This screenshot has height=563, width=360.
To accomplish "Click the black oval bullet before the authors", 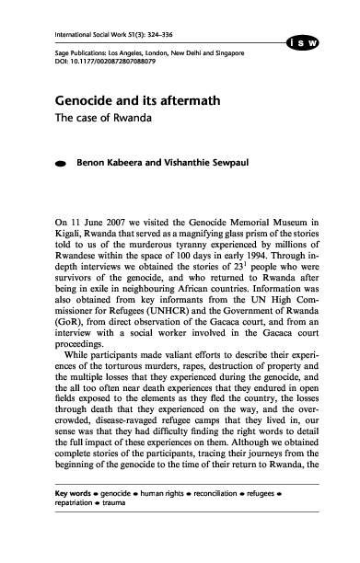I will point(60,164).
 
